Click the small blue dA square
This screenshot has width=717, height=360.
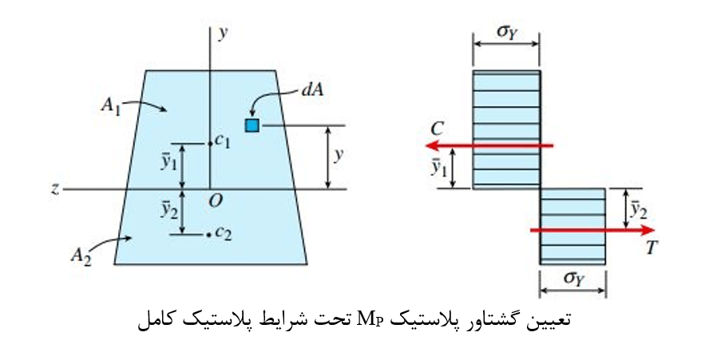click(252, 125)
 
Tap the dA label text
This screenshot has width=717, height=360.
click(312, 90)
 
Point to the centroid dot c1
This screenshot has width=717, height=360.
click(210, 144)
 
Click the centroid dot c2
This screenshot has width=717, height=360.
click(208, 235)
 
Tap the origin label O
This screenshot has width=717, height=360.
click(215, 200)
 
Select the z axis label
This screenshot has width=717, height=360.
click(55, 189)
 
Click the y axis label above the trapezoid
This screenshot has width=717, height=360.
click(223, 34)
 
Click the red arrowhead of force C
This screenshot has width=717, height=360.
click(432, 146)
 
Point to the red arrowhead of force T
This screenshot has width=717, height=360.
click(648, 230)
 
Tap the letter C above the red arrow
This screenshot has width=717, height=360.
click(438, 129)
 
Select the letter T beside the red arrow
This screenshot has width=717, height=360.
click(652, 247)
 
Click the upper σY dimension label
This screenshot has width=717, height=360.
click(507, 33)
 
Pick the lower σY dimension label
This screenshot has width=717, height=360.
click(574, 279)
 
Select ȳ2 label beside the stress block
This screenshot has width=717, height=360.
click(639, 209)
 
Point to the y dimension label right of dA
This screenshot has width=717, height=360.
click(339, 156)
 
